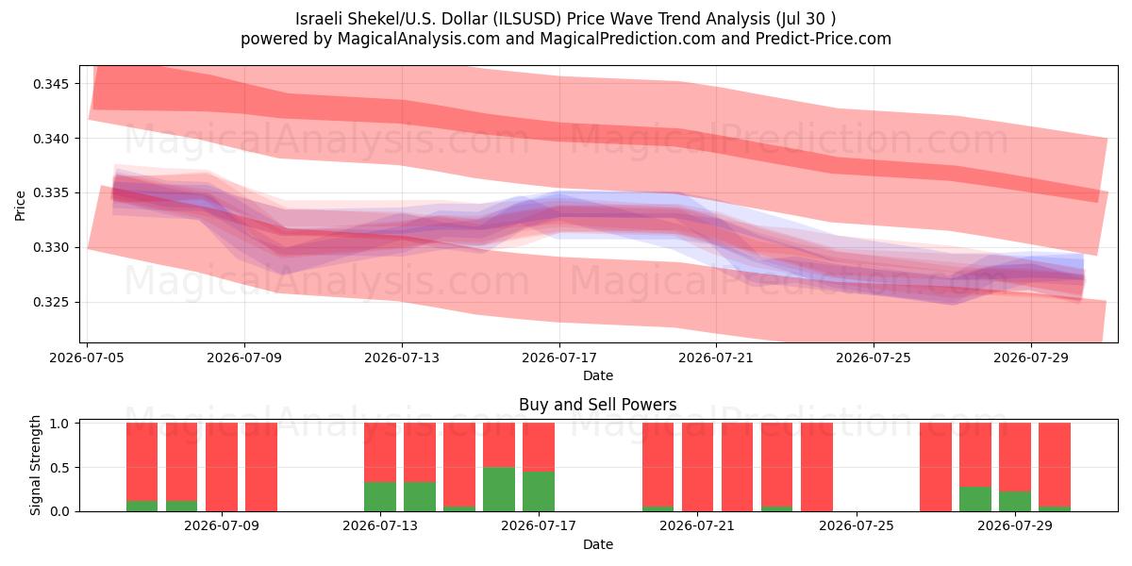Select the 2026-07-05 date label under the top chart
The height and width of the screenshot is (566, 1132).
click(87, 358)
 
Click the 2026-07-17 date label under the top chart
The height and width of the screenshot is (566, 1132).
click(559, 358)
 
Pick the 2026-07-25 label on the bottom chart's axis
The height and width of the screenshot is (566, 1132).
click(857, 525)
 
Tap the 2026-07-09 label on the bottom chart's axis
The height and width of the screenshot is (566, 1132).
click(222, 525)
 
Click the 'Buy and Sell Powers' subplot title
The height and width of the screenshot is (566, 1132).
click(598, 405)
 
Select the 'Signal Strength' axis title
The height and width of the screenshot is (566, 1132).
click(35, 465)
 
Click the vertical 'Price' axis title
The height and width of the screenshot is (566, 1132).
click(20, 206)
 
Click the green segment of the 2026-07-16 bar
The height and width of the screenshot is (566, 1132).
click(499, 490)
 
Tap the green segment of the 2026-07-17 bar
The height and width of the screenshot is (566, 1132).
click(539, 491)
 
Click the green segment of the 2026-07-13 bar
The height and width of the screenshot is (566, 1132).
click(380, 497)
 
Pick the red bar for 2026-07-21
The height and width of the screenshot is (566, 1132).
click(697, 467)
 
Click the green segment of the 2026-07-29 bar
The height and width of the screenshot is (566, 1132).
click(1015, 501)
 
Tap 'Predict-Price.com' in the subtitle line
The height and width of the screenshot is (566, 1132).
click(824, 39)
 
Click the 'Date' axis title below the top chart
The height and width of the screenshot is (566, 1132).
click(598, 375)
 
